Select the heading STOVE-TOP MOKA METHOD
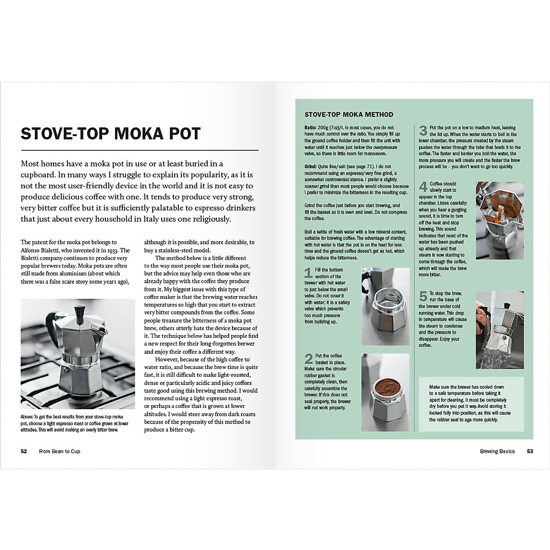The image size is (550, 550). point(349,115)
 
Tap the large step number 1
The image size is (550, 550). point(308,273)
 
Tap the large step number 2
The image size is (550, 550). point(308,358)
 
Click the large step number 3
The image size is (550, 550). point(423,131)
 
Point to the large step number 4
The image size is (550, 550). point(423,187)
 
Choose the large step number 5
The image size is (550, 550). point(423,296)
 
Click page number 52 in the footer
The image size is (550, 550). point(24,451)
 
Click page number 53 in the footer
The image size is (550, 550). point(530,451)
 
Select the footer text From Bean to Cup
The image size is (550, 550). point(60,451)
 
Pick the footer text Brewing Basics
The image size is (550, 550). point(497,451)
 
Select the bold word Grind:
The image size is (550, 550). point(311,167)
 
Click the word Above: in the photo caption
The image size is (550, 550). point(27,417)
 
